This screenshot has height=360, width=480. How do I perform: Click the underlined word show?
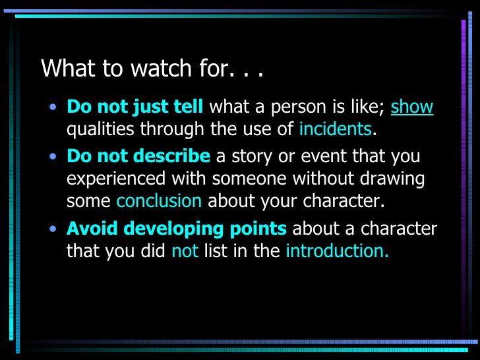[412, 107]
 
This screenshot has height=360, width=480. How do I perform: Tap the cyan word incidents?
[335, 129]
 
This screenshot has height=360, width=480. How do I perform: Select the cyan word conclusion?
[159, 200]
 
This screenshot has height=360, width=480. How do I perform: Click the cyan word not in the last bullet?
[185, 251]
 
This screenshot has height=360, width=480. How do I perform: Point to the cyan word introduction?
[337, 251]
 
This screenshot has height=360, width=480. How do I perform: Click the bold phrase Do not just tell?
[135, 107]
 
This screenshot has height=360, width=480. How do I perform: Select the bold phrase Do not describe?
[138, 157]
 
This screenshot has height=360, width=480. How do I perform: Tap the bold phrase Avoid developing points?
[177, 229]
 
